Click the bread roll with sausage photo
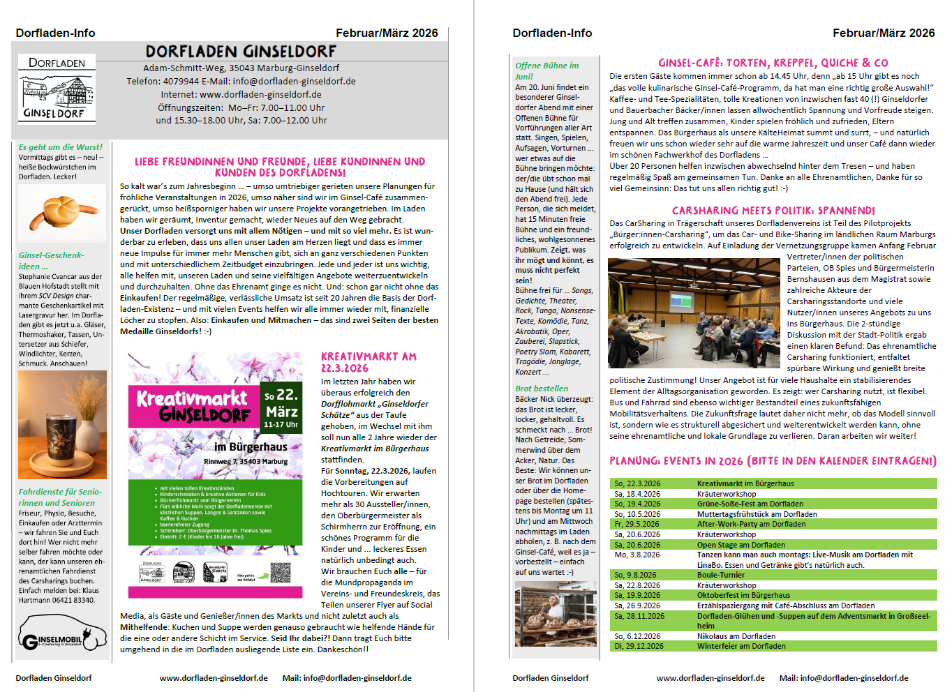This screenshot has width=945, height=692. click(61, 213)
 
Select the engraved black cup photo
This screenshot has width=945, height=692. click(62, 424)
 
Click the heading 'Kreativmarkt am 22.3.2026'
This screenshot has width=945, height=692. click(369, 362)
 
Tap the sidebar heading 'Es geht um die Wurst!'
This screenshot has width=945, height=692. click(61, 147)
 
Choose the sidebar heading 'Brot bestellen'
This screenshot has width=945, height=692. click(542, 389)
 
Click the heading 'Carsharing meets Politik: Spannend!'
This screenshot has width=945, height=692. click(773, 211)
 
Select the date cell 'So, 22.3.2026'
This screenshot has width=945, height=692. click(637, 483)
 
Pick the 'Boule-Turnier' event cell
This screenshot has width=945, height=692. click(721, 576)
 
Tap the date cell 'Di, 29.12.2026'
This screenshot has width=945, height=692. click(639, 646)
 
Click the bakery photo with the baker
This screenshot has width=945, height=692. click(556, 614)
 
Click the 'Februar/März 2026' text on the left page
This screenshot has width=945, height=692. click(387, 33)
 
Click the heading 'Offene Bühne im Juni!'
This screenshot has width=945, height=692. click(546, 70)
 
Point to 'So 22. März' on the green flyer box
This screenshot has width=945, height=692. click(281, 404)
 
